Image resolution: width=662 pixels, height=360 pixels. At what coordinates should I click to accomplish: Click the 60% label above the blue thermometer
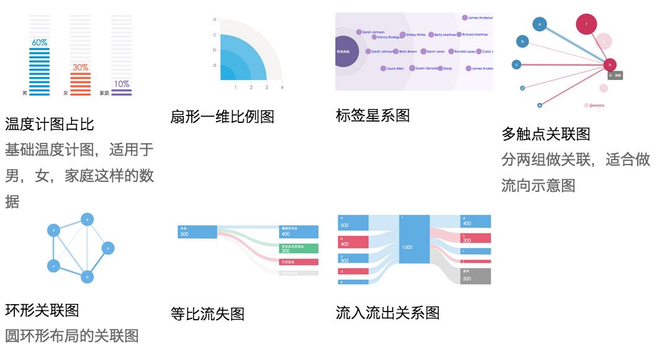point(40,43)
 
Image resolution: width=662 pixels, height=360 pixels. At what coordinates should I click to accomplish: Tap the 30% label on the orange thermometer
point(80,67)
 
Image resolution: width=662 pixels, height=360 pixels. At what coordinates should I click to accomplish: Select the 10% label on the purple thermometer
point(121,84)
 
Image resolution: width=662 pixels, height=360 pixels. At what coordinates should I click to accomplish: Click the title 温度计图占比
point(50,124)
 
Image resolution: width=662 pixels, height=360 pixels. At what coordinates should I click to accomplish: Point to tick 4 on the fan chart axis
point(282,88)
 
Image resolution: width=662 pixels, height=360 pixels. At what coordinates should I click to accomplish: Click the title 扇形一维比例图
point(222,116)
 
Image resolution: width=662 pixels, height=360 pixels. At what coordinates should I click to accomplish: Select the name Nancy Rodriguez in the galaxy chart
point(391,37)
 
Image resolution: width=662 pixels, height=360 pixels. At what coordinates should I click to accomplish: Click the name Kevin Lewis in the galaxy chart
point(435,52)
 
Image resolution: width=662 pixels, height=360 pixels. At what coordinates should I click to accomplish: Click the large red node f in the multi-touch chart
point(586,25)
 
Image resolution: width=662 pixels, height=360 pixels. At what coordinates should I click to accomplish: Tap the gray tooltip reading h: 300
point(615,75)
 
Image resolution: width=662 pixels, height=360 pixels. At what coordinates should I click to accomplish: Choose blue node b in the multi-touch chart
point(523,42)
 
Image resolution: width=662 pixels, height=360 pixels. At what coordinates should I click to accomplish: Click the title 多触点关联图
point(546,133)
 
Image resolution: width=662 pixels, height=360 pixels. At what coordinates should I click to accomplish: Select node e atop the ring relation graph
point(88,219)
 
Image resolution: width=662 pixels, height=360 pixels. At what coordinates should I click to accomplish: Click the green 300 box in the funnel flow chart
point(299,248)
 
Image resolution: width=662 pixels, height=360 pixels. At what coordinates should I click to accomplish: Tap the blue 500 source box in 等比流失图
point(197,232)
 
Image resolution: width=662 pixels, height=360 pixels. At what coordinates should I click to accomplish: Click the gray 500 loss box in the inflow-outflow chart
point(476,276)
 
